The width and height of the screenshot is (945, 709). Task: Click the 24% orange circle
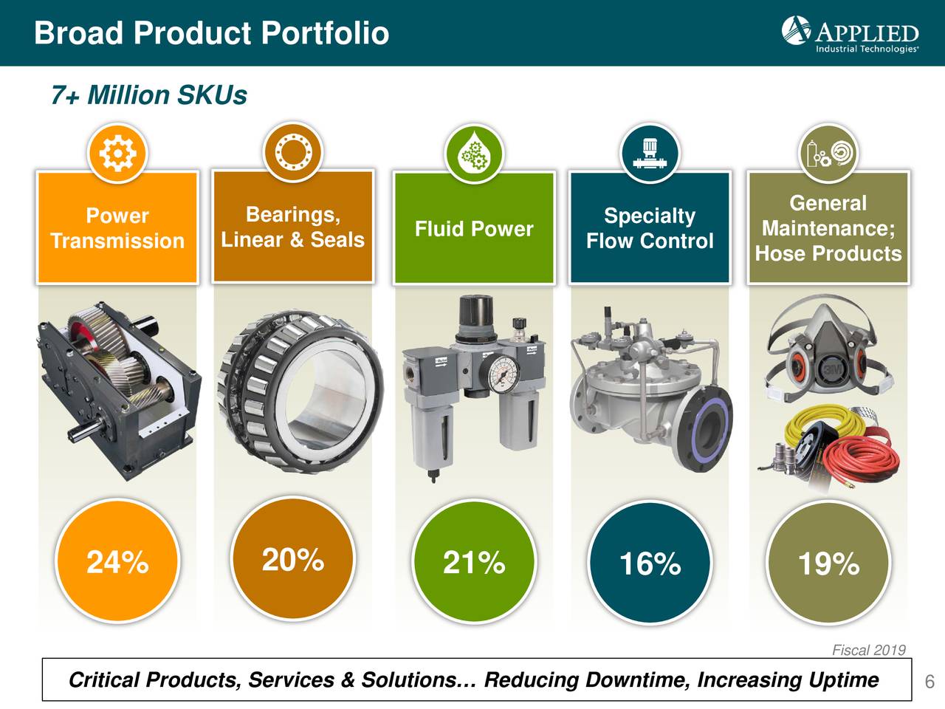tap(118, 562)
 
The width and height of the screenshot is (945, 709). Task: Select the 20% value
tap(293, 559)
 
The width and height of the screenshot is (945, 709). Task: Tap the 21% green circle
tap(474, 562)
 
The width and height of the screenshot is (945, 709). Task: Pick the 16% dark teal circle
tap(650, 564)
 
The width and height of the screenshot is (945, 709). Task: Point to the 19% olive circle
tap(828, 564)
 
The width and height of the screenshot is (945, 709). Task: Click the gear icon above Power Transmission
tap(117, 154)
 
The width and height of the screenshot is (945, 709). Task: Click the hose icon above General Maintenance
tap(828, 154)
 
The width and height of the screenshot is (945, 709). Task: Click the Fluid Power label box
tap(474, 229)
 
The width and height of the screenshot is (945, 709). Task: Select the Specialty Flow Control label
tap(650, 228)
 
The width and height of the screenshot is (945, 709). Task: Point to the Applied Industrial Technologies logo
tap(850, 33)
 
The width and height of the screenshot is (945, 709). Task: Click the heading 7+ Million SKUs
tap(148, 95)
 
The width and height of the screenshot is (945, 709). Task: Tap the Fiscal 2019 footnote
tap(868, 650)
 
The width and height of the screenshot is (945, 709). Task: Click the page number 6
tap(929, 681)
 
